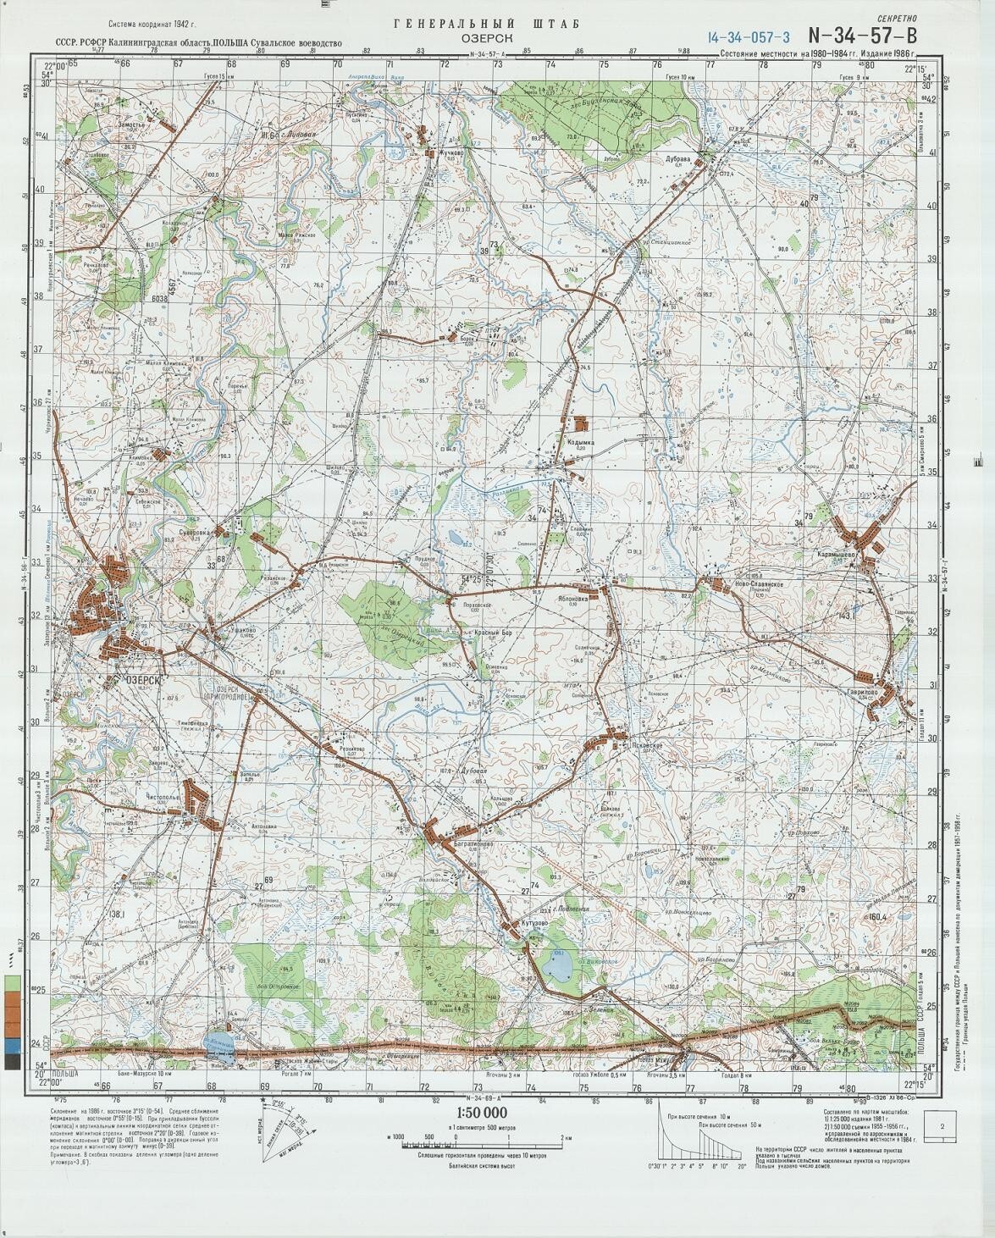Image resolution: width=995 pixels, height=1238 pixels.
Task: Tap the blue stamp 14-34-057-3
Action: (750, 36)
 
